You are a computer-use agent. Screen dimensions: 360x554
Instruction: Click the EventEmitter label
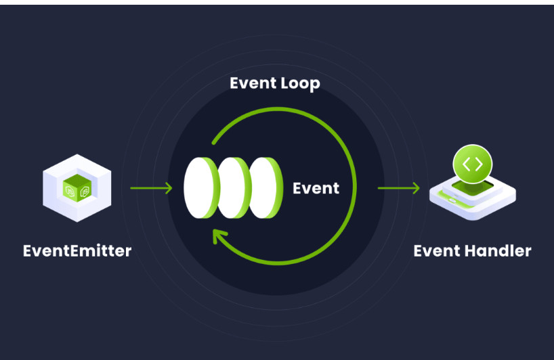tap(77, 251)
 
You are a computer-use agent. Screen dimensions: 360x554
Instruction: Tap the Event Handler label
tap(472, 251)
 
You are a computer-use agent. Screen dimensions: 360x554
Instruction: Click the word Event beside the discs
tap(316, 187)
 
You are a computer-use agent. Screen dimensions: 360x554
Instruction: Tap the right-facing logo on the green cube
tap(84, 192)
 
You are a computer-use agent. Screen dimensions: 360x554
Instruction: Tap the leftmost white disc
tap(201, 188)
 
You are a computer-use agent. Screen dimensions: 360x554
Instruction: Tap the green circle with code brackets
tap(472, 164)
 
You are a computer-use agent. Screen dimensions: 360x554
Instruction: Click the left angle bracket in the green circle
tap(467, 164)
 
